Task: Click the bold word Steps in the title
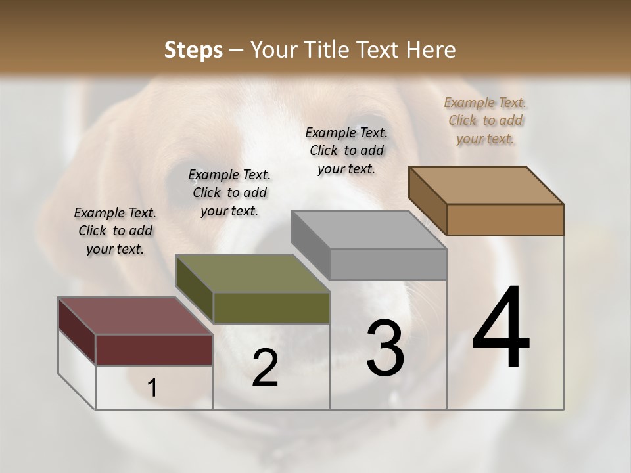click(193, 51)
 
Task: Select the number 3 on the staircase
click(385, 348)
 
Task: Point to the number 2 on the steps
click(265, 368)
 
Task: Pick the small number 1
click(152, 388)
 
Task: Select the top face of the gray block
click(369, 230)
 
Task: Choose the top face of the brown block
click(486, 185)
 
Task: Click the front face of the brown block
click(505, 219)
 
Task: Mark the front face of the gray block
click(388, 265)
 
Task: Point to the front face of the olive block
click(271, 307)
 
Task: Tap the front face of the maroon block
click(154, 349)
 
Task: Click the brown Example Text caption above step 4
click(485, 120)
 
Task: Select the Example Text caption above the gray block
click(346, 150)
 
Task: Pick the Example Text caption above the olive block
click(229, 192)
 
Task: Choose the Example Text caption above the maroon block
click(115, 231)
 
